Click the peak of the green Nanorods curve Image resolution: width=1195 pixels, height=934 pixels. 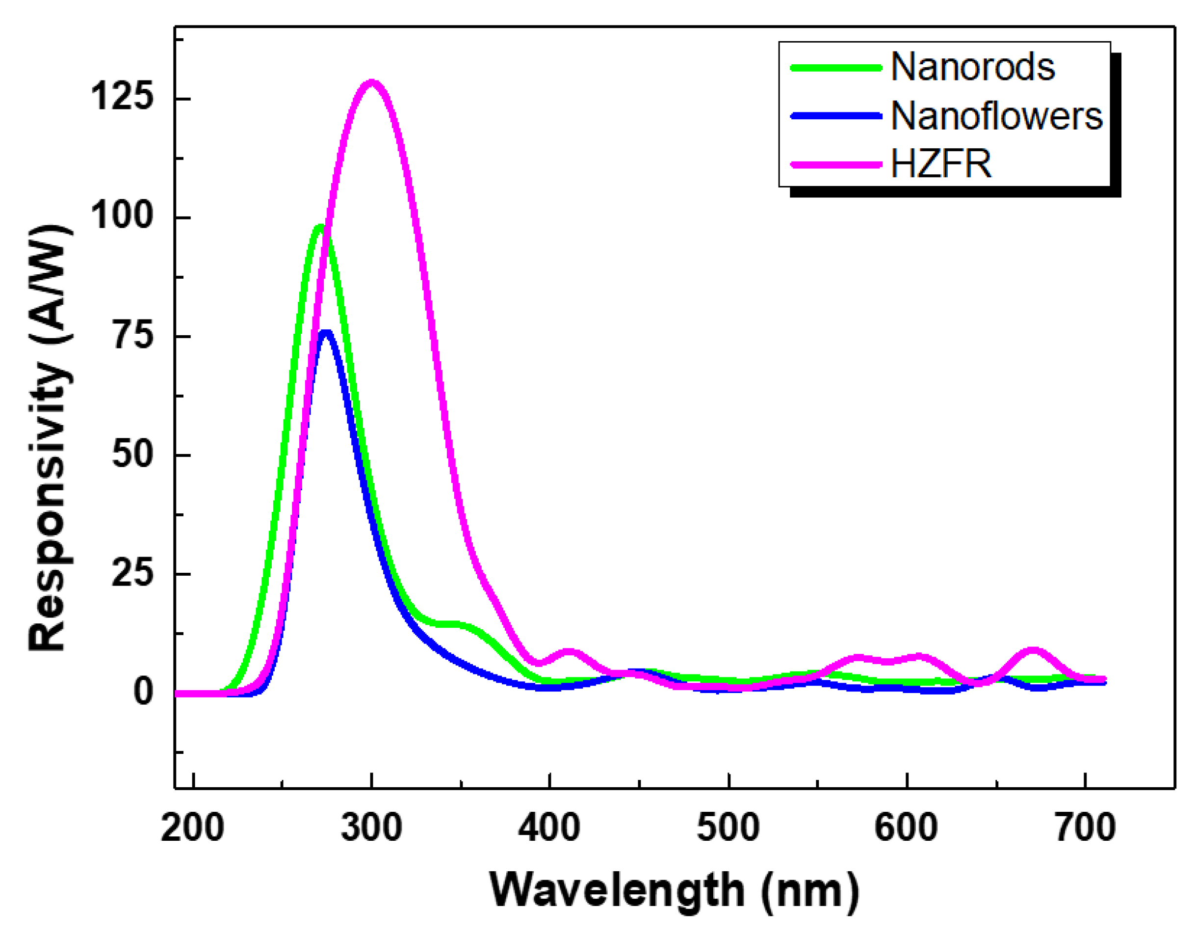pos(320,227)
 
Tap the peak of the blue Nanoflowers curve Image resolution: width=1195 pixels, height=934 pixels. pos(326,332)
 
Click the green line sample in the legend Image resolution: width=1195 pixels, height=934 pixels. pos(836,68)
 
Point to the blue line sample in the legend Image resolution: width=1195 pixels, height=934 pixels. pos(836,116)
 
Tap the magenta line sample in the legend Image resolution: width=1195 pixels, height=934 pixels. pos(836,164)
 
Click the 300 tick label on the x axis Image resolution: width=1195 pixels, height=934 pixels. pos(371,827)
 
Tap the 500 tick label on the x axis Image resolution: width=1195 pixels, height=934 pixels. pos(728,827)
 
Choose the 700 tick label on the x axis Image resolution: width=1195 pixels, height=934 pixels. pos(1085,827)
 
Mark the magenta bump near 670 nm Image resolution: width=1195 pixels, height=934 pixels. pos(1032,651)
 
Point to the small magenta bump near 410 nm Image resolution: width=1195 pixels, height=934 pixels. pos(569,652)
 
